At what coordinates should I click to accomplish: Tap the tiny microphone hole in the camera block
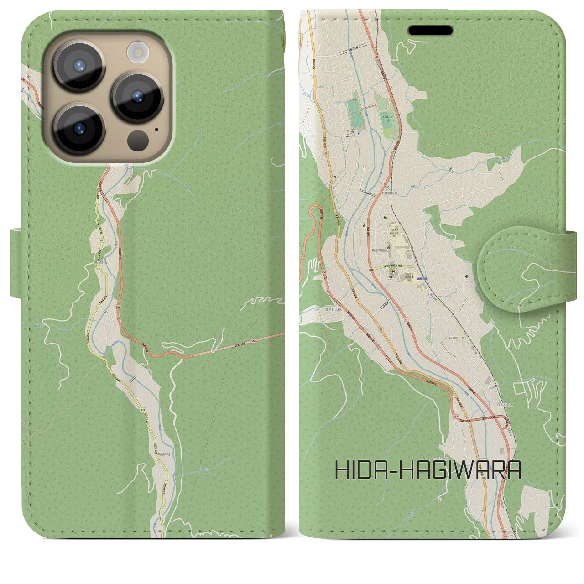[157, 129]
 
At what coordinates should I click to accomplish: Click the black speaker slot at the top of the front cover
[430, 31]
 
